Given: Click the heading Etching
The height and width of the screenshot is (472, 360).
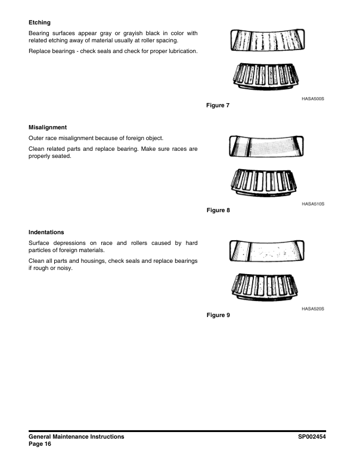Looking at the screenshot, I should (x=39, y=23).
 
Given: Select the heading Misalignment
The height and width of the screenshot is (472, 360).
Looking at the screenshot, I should (x=47, y=127).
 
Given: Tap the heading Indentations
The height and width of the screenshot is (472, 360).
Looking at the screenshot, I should (x=46, y=231).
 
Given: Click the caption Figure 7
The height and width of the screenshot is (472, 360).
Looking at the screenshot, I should (x=218, y=105).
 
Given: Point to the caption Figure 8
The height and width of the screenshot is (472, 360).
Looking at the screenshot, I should (x=218, y=210).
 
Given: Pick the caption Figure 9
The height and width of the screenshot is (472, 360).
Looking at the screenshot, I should (x=218, y=315).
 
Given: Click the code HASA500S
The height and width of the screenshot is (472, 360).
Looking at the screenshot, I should (x=312, y=99).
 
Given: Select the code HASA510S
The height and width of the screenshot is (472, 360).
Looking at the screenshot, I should (x=312, y=204).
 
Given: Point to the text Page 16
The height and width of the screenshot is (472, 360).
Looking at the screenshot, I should (x=40, y=444).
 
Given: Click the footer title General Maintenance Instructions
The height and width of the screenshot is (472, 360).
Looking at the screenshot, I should (x=76, y=436).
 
